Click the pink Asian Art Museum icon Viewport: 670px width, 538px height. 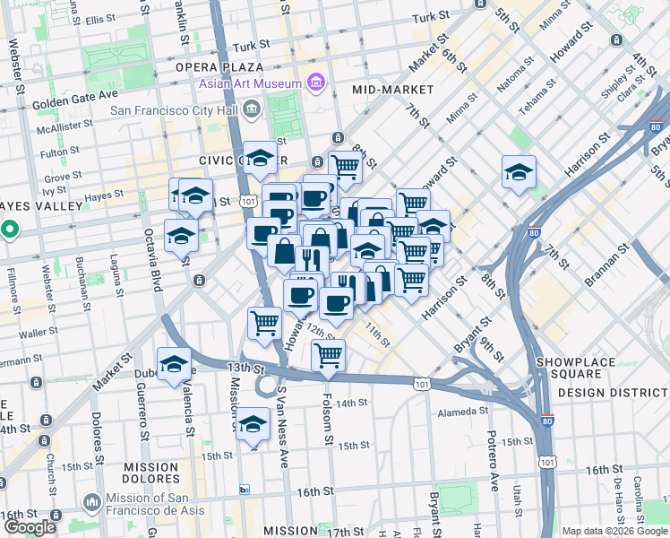(315, 83)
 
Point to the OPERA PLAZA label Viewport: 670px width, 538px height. (219, 66)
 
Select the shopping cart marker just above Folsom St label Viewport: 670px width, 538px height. (329, 354)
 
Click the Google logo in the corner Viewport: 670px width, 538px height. (30, 527)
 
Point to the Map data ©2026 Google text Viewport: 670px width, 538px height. (614, 531)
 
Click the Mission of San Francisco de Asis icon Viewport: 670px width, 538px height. (90, 501)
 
